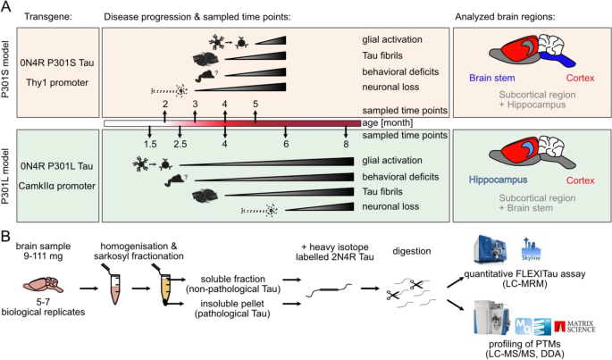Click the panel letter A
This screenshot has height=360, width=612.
tap(7, 8)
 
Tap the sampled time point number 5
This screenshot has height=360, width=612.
tap(256, 105)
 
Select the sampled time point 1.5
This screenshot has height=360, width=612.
tap(151, 144)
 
